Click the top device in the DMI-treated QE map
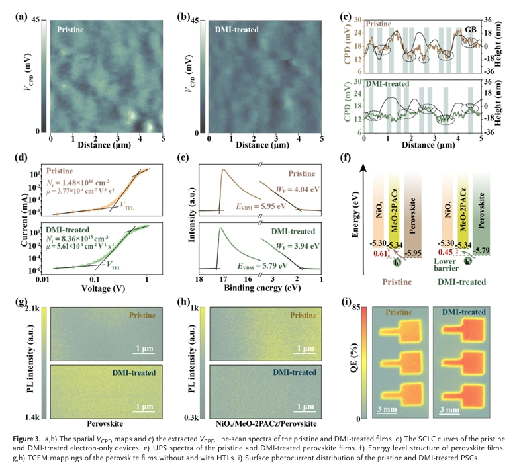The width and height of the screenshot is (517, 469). (466, 328)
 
